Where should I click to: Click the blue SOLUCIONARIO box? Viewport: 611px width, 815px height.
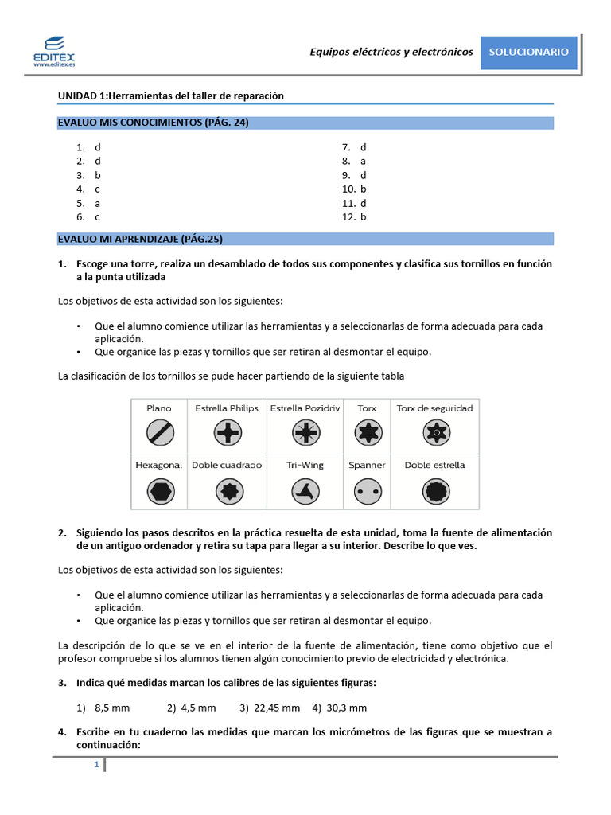click(528, 52)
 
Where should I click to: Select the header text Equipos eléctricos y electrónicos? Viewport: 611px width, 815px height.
click(391, 52)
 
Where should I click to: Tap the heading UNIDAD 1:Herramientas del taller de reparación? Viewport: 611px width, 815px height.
click(171, 96)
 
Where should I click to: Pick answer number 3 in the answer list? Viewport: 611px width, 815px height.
click(88, 175)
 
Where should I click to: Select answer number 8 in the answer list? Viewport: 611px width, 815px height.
click(354, 161)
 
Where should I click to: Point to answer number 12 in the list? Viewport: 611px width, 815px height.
click(354, 216)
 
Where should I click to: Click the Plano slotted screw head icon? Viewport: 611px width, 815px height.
click(159, 433)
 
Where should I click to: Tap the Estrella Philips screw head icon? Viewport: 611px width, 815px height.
click(226, 433)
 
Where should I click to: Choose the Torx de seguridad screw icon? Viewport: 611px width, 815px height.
click(434, 433)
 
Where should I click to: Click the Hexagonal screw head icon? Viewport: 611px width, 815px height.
click(159, 491)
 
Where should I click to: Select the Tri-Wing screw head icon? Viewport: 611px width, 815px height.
click(305, 491)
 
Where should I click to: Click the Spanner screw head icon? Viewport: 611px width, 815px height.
click(367, 491)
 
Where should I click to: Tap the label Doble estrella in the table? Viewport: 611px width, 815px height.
click(434, 465)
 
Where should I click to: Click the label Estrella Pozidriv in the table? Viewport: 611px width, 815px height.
click(305, 408)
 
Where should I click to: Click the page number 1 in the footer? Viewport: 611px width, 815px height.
click(96, 765)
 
